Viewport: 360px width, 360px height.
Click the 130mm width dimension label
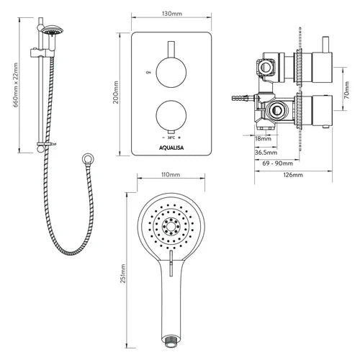click(x=171, y=14)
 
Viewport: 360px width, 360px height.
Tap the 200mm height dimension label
click(x=116, y=92)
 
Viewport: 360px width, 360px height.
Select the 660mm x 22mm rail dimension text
click(x=16, y=85)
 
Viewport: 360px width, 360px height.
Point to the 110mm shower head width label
click(x=170, y=175)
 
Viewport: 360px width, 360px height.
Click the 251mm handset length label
click(x=123, y=274)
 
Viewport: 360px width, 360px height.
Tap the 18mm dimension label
click(x=263, y=139)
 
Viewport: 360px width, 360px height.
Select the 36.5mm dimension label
click(x=266, y=153)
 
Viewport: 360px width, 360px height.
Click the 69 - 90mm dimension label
click(x=278, y=163)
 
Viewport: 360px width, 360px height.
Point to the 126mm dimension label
click(x=293, y=175)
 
